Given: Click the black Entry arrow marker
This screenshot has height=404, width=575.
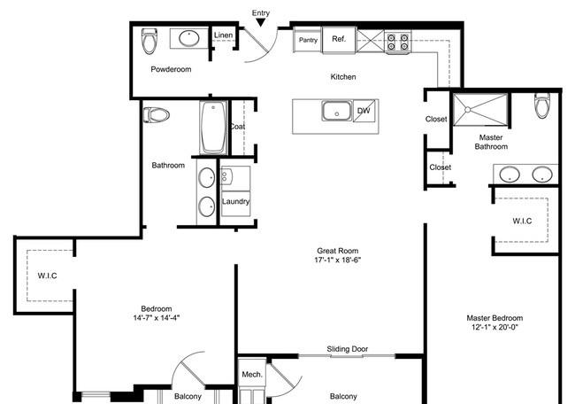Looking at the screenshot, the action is tap(260, 23).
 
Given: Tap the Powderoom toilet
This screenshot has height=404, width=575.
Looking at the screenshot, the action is tap(149, 41).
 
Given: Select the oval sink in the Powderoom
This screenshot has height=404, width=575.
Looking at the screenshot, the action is tap(188, 38).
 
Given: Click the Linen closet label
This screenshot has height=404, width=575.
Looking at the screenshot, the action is tap(223, 35).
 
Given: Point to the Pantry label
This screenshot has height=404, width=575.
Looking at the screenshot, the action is tap(308, 40).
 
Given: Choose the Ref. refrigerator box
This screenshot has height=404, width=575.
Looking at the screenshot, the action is tap(339, 40).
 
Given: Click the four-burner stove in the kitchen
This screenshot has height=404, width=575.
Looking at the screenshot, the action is tap(398, 42).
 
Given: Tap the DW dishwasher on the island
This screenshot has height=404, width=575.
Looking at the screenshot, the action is tap(364, 111).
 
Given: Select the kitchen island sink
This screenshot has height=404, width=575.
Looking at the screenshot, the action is tap(337, 111).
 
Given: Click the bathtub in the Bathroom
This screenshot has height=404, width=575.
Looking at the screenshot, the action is tap(213, 128).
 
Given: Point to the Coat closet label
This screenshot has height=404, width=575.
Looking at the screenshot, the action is tap(237, 127).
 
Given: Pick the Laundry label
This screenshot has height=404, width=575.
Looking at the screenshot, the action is tap(236, 201).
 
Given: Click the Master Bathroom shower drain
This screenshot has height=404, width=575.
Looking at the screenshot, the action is tap(468, 110).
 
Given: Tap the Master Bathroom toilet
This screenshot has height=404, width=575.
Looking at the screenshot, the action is tap(542, 105).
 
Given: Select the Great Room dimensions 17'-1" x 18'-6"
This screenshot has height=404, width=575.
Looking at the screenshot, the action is tap(338, 260).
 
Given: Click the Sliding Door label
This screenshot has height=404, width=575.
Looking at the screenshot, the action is tap(348, 349).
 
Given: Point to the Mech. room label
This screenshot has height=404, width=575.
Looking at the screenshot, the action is tap(252, 375).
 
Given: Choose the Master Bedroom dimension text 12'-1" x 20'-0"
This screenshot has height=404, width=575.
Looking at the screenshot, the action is tap(494, 327).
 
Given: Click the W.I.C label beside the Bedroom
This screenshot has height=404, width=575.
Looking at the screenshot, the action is tap(47, 276).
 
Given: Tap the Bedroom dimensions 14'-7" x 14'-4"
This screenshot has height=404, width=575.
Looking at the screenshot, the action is tap(157, 318).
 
